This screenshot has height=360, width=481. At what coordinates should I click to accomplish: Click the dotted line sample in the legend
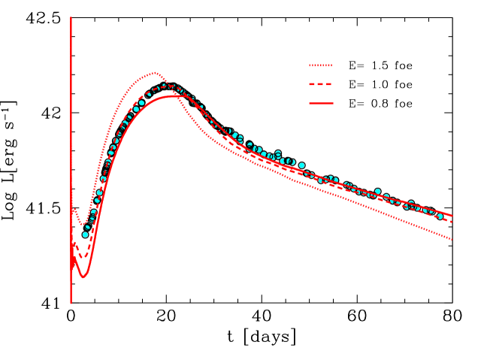320,65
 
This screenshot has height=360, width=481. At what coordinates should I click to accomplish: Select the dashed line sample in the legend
320,84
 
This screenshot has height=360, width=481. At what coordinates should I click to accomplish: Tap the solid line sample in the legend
320,103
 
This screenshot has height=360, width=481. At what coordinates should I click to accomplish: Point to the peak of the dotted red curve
154,73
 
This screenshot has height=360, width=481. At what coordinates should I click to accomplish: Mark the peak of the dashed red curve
171,86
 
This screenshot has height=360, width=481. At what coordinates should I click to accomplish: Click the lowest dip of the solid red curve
83,277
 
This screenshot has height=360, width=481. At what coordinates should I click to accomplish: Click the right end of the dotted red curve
452,239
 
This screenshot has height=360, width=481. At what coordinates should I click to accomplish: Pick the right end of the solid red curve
452,215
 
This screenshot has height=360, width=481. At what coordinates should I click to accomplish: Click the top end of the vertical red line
71,17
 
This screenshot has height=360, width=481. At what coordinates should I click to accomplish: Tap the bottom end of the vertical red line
71,303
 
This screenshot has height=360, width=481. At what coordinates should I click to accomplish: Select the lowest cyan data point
85,234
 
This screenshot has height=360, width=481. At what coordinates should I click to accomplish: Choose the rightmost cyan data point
440,216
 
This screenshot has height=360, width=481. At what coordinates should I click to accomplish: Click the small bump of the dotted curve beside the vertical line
74,210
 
